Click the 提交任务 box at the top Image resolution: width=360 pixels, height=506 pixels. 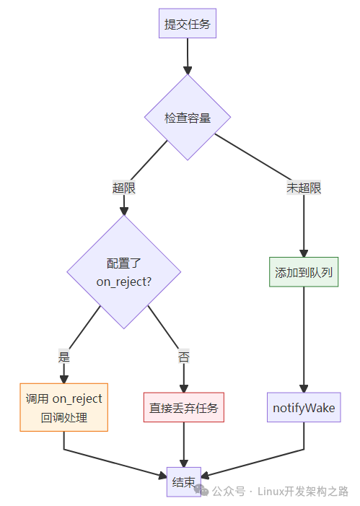point(188,24)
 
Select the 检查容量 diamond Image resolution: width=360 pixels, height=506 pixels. point(188,118)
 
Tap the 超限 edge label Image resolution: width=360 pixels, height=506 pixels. point(123,188)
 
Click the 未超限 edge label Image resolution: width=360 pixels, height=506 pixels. point(304,188)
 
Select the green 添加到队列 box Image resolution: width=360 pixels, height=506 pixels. point(304,273)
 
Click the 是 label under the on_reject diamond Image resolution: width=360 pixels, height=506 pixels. point(63,357)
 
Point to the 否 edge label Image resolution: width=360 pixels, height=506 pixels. point(183,357)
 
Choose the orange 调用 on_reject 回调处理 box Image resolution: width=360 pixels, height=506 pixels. point(63,407)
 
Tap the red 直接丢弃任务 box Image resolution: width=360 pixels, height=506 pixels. point(183,408)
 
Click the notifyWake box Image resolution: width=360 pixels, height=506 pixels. point(304,408)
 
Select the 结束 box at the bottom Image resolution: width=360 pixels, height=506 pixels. point(183,482)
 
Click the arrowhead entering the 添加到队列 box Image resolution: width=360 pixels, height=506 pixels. point(304,252)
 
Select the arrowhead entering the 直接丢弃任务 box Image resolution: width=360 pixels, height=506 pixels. point(183,388)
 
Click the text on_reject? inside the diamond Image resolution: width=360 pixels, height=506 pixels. point(123,282)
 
